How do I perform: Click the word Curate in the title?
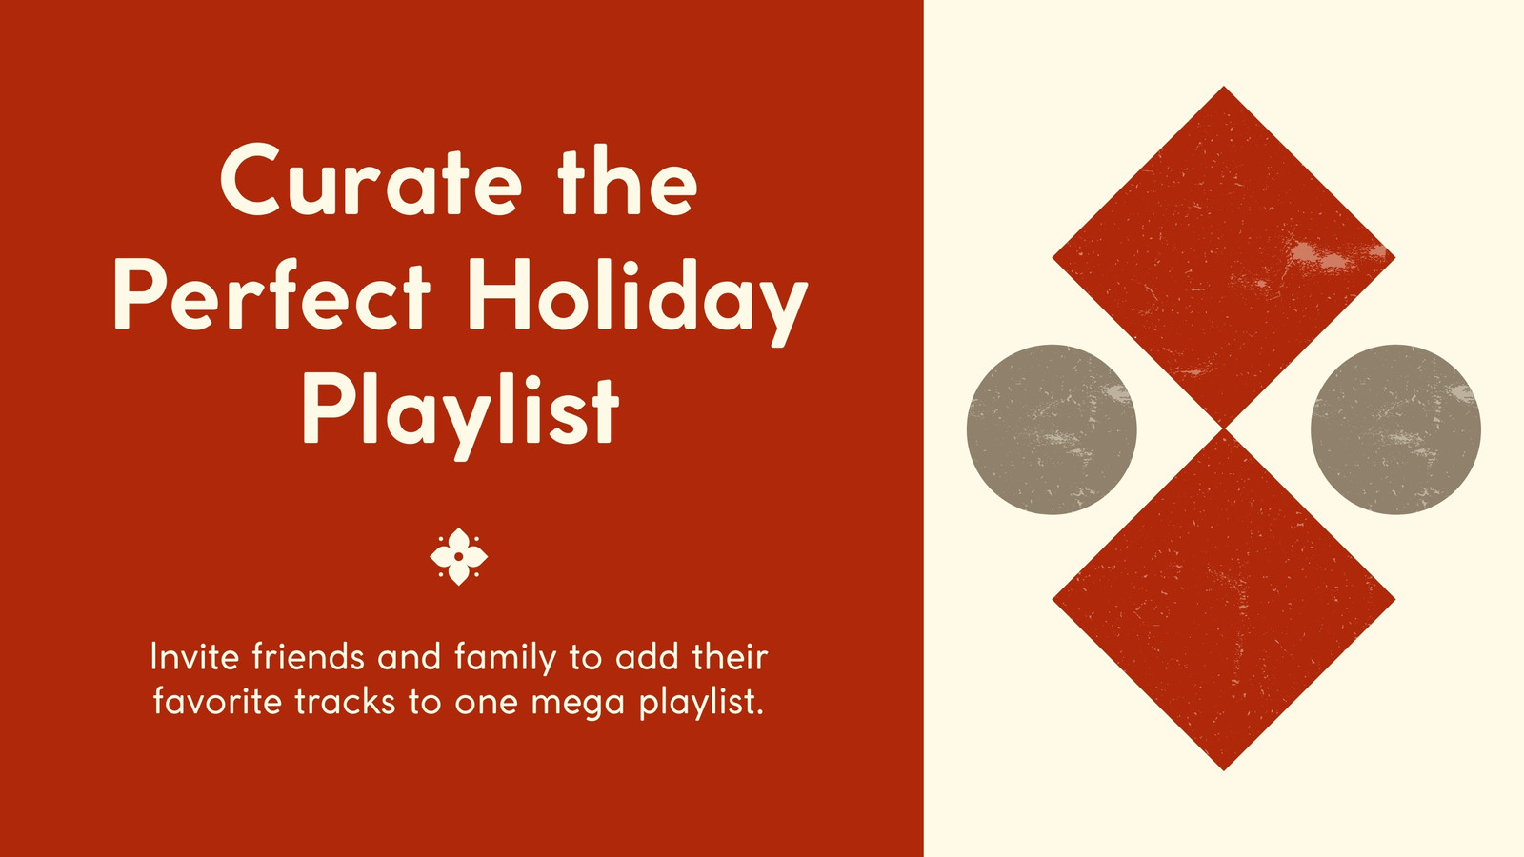(371, 180)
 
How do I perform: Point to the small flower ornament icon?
(458, 556)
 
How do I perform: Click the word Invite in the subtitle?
(194, 657)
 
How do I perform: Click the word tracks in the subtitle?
(346, 701)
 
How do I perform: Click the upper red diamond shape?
(1223, 257)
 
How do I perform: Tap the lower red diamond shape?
(1223, 600)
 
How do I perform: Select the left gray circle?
(1052, 429)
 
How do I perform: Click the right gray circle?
(1395, 429)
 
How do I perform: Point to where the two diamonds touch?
(1224, 429)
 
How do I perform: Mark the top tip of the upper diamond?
(1224, 87)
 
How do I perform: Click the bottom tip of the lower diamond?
(1224, 770)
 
